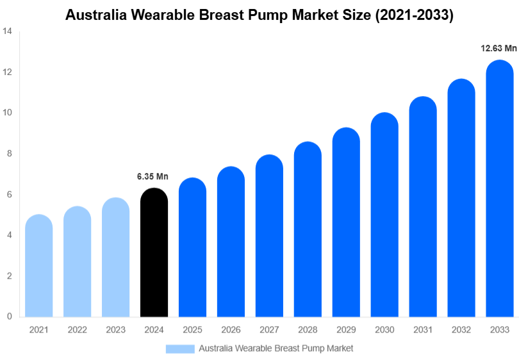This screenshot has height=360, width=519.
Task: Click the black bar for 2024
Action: tap(154, 253)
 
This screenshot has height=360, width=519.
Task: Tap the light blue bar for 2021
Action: tap(38, 266)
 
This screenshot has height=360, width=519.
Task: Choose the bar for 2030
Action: tap(384, 215)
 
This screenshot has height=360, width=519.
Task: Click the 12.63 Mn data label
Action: tap(498, 48)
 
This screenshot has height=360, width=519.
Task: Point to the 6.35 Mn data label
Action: tap(152, 176)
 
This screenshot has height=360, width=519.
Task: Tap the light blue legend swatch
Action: tap(179, 348)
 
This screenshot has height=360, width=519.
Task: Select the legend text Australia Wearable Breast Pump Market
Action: tap(276, 348)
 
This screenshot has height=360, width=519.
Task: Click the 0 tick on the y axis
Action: tap(9, 316)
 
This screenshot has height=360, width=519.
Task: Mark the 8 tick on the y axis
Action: tap(9, 153)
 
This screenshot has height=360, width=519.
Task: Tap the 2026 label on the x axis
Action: tap(231, 329)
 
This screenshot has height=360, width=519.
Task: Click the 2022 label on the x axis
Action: tap(77, 329)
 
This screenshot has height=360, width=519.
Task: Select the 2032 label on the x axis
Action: tap(461, 329)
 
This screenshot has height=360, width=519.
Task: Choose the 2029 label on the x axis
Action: tap(346, 329)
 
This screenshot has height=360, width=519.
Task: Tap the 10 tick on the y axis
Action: tap(6, 112)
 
